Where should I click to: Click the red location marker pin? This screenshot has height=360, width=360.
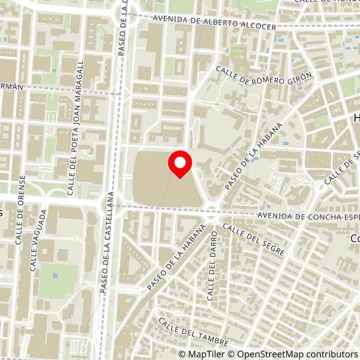(180, 165)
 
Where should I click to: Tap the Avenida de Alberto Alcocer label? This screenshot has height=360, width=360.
(214, 23)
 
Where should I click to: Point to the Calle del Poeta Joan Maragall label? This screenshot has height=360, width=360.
(76, 128)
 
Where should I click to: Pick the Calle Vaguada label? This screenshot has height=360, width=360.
(38, 240)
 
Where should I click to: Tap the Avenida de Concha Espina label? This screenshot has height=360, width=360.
(309, 216)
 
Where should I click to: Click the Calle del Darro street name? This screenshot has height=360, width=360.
(212, 265)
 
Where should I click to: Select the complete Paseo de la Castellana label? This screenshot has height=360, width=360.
(108, 243)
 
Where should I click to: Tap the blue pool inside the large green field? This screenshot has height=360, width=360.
(55, 275)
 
